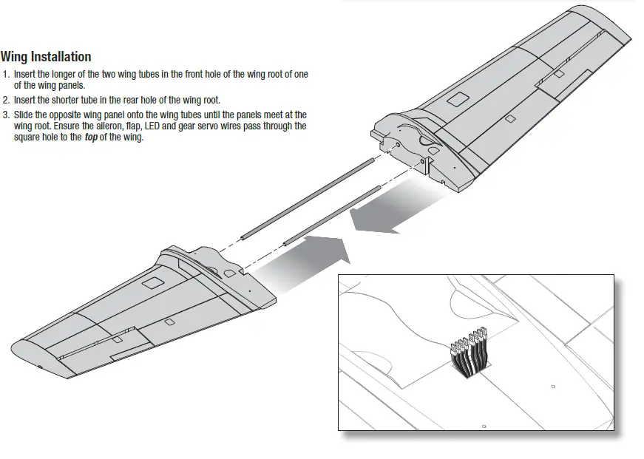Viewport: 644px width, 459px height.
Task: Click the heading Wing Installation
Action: point(46,57)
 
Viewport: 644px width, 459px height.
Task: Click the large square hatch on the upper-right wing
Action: point(459,98)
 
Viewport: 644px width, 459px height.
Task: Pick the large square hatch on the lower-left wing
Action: point(153,283)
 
